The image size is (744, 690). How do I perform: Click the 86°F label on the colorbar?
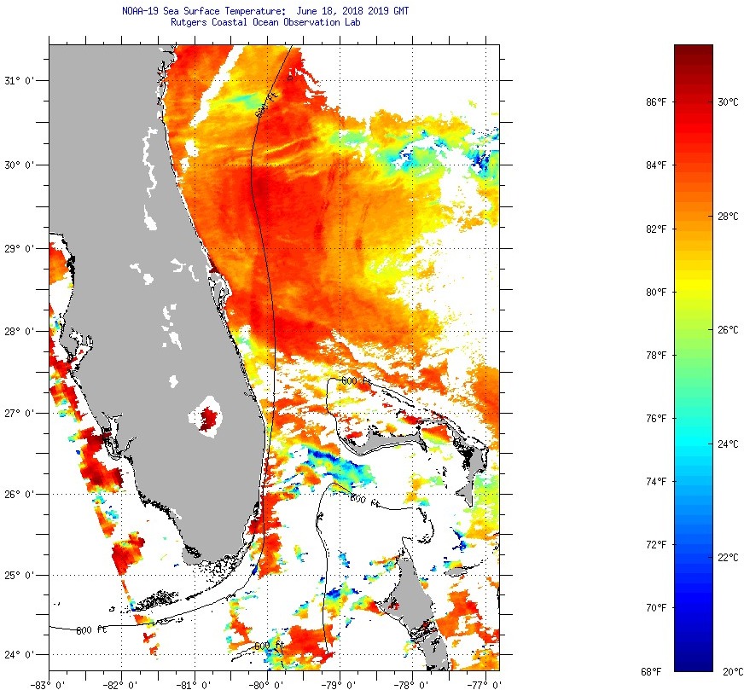click(x=656, y=101)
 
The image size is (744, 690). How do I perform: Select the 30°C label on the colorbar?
click(x=728, y=101)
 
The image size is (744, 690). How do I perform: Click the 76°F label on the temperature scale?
click(x=656, y=418)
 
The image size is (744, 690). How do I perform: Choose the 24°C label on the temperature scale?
click(x=728, y=444)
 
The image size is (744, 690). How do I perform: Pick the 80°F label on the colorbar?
click(x=656, y=292)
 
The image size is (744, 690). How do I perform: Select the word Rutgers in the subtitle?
click(x=189, y=22)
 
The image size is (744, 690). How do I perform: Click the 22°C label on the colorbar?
click(x=728, y=557)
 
